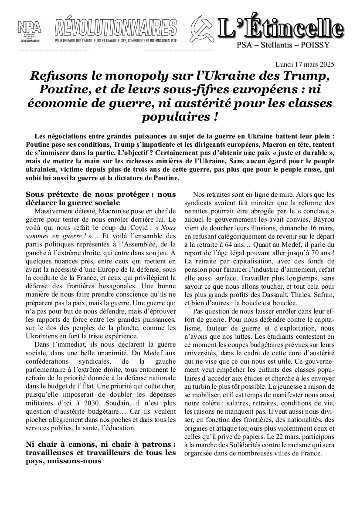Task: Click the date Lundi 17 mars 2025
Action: (x=305, y=64)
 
